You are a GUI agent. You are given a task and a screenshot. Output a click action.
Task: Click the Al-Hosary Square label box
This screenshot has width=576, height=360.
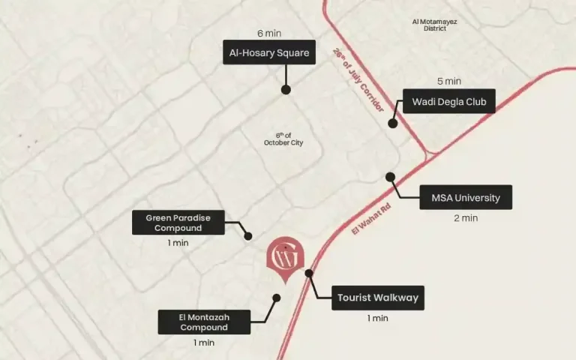(x=269, y=52)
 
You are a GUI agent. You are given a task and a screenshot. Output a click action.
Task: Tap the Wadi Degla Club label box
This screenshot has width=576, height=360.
(x=448, y=101)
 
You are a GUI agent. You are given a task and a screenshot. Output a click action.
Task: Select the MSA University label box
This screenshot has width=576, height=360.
(x=465, y=198)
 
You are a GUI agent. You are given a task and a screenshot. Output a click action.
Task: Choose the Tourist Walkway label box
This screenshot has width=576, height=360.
(x=377, y=298)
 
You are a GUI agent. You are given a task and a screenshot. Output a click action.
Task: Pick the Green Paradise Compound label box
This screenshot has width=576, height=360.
(x=178, y=223)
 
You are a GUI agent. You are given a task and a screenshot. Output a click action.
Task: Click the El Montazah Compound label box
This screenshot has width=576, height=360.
(x=204, y=322)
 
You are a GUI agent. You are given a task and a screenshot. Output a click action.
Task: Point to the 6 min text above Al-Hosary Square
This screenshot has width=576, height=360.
(x=269, y=33)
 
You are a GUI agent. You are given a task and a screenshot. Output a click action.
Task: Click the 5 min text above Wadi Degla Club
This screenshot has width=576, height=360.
(x=448, y=81)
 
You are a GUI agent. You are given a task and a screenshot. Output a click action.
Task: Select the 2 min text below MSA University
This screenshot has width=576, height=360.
(x=465, y=218)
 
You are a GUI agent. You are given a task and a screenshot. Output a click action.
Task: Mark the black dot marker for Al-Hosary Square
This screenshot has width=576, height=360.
(x=286, y=89)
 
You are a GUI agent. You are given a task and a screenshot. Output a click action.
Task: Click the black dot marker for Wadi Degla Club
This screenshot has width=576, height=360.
(x=392, y=124)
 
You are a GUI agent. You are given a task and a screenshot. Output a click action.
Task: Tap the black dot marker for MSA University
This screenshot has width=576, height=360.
(x=390, y=177)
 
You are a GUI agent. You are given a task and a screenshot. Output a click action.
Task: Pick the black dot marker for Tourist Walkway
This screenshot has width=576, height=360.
(x=309, y=274)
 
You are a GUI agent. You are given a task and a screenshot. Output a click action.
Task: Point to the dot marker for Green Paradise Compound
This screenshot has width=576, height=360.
(x=248, y=236)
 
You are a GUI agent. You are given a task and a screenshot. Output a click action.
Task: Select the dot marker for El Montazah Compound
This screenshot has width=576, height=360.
(x=276, y=298)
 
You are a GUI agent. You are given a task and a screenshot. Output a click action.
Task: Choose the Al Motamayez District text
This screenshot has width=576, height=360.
(x=434, y=25)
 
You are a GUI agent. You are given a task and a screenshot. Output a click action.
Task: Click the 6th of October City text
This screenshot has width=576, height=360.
(x=283, y=139)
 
